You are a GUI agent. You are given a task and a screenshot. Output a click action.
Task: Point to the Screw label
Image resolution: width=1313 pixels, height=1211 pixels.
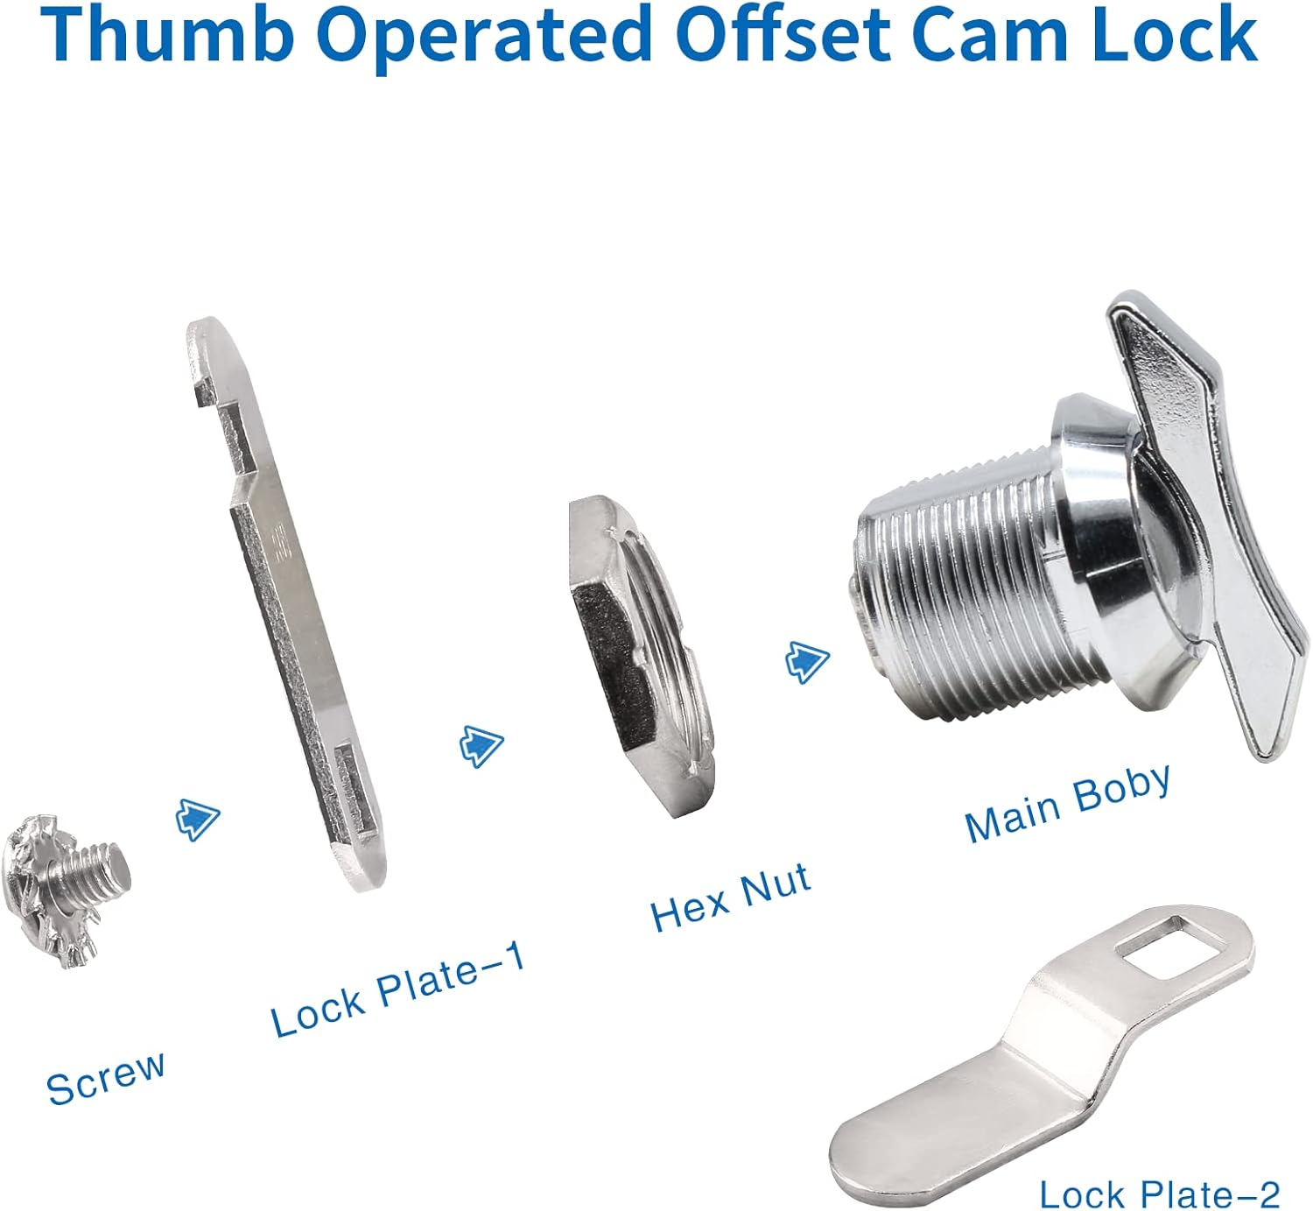click(x=105, y=1077)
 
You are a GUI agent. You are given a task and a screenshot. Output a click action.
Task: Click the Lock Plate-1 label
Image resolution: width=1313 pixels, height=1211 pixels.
click(x=398, y=989)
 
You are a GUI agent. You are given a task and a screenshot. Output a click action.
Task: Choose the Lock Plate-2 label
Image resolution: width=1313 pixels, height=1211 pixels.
click(x=1159, y=1193)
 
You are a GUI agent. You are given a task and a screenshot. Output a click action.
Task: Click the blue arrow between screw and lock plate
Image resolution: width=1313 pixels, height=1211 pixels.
click(x=198, y=819)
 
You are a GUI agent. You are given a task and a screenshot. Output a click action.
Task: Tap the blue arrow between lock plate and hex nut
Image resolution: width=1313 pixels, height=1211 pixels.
click(x=481, y=745)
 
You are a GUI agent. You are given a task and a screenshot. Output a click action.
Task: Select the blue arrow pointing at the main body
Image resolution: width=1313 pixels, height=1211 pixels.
click(x=806, y=661)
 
